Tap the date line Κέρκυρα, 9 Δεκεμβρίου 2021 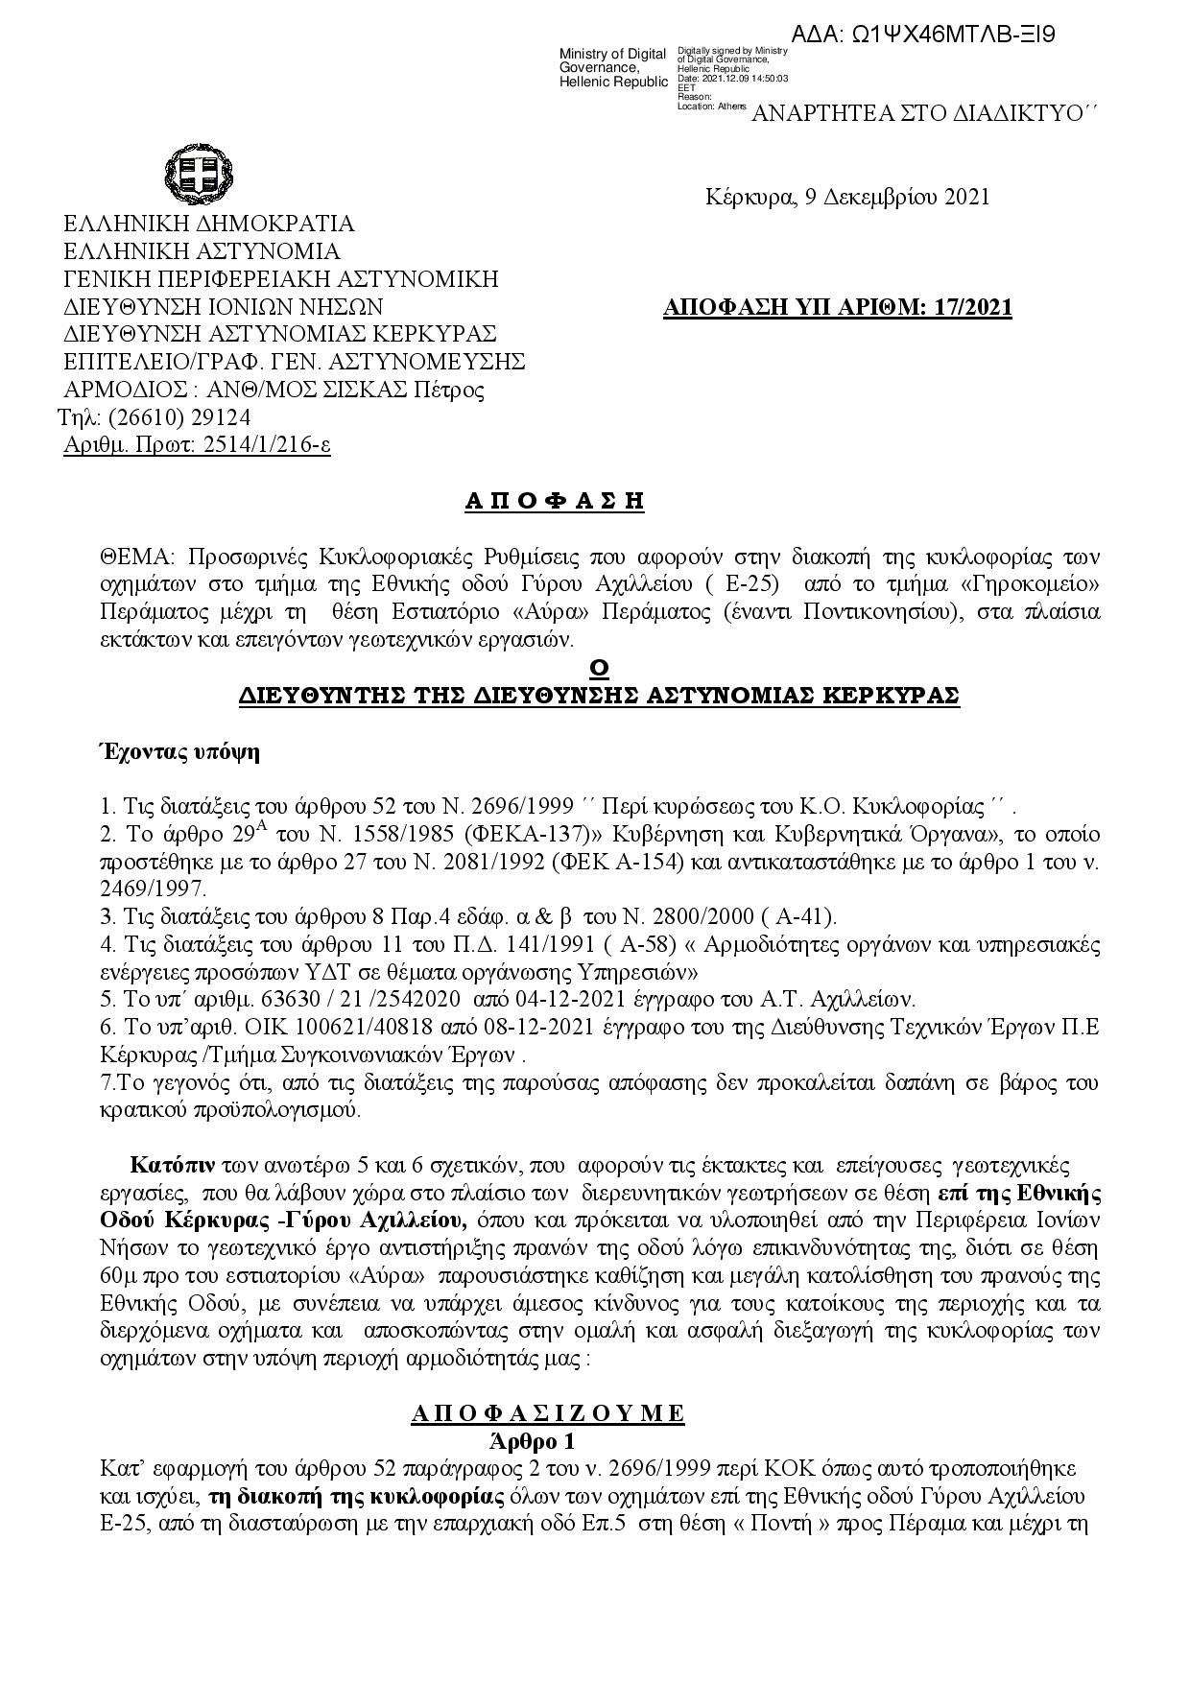point(847,198)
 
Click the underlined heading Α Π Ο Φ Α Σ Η point(554,501)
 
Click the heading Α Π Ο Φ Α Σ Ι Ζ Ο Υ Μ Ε point(547,1413)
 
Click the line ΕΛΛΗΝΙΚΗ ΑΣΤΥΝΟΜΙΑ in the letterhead point(202,252)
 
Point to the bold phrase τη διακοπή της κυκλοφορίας point(356,1497)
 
